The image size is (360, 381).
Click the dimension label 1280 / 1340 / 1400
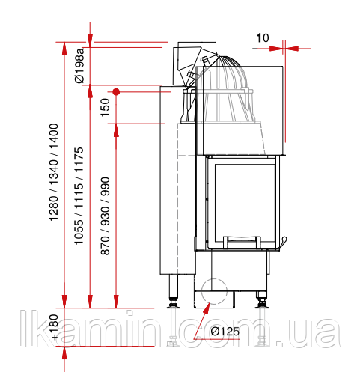pyautogui.click(x=54, y=172)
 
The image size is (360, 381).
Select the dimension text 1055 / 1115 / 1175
pyautogui.click(x=79, y=196)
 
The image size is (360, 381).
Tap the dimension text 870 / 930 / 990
pyautogui.click(x=105, y=216)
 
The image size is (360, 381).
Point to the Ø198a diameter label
pyautogui.click(x=79, y=66)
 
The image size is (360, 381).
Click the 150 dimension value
pyautogui.click(x=105, y=107)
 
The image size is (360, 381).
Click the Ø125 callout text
pyautogui.click(x=225, y=332)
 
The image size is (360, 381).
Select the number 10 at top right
pyautogui.click(x=263, y=38)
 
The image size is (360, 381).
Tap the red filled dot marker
pyautogui.click(x=116, y=92)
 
